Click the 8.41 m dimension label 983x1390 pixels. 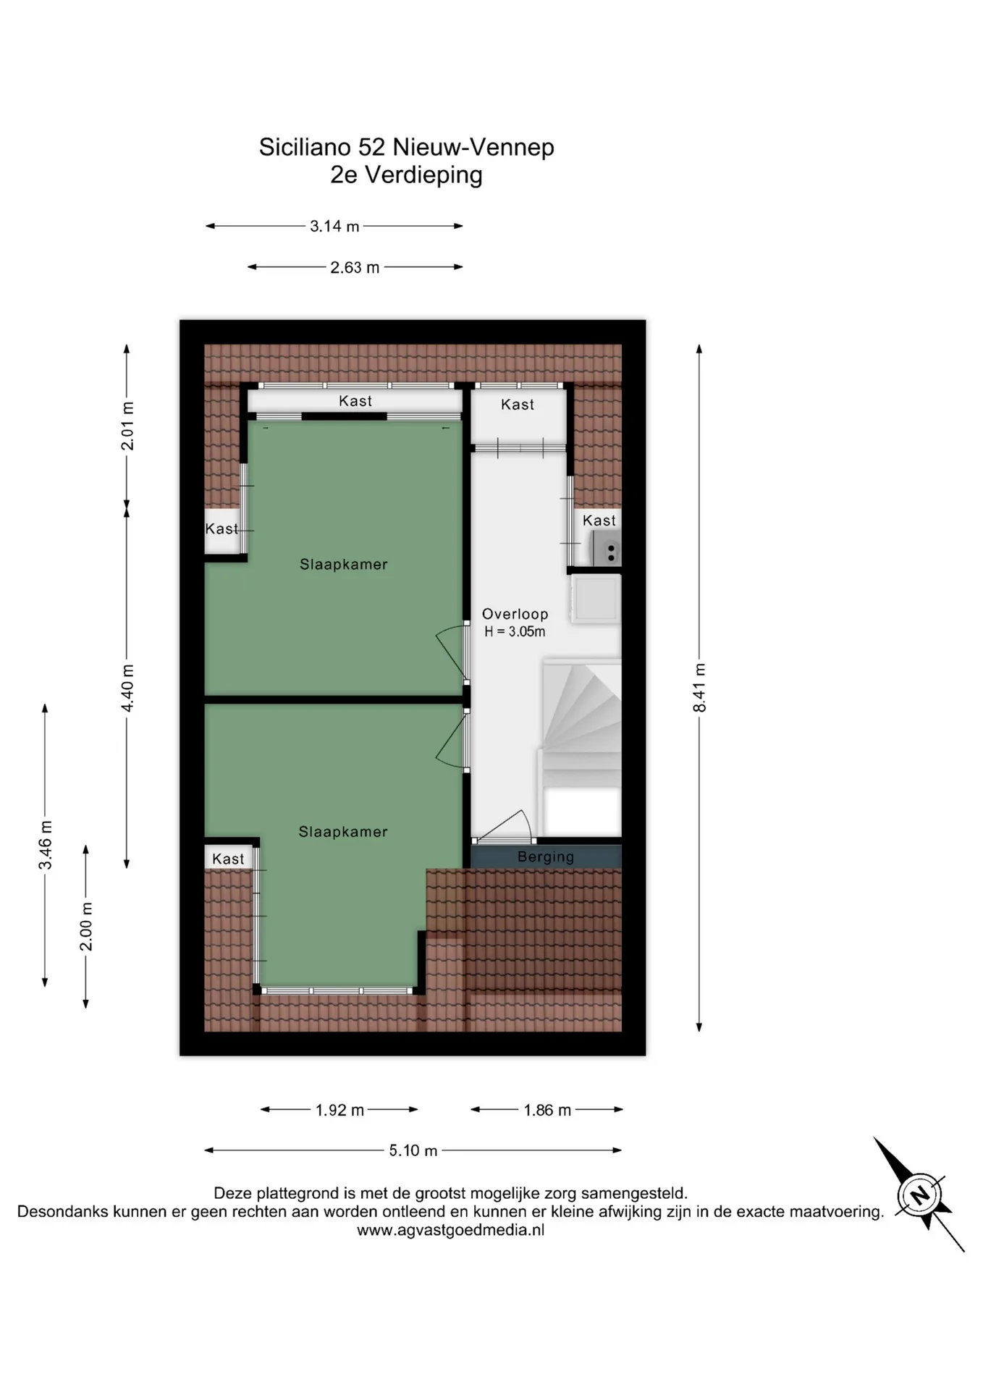699,687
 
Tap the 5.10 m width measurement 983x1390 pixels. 413,1150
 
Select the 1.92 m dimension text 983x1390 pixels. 339,1110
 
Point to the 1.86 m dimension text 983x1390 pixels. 547,1110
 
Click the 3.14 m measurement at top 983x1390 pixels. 334,226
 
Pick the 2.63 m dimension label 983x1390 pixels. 355,267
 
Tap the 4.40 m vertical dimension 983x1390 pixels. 127,688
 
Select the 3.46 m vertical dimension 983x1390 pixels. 46,846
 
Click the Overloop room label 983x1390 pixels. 515,614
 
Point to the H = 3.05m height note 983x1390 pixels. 515,631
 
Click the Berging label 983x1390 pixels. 546,857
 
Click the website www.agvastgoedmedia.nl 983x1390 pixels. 450,1230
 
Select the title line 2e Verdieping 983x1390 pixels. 406,174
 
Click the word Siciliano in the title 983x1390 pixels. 305,147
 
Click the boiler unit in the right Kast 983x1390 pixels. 607,548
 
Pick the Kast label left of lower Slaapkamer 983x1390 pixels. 228,859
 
